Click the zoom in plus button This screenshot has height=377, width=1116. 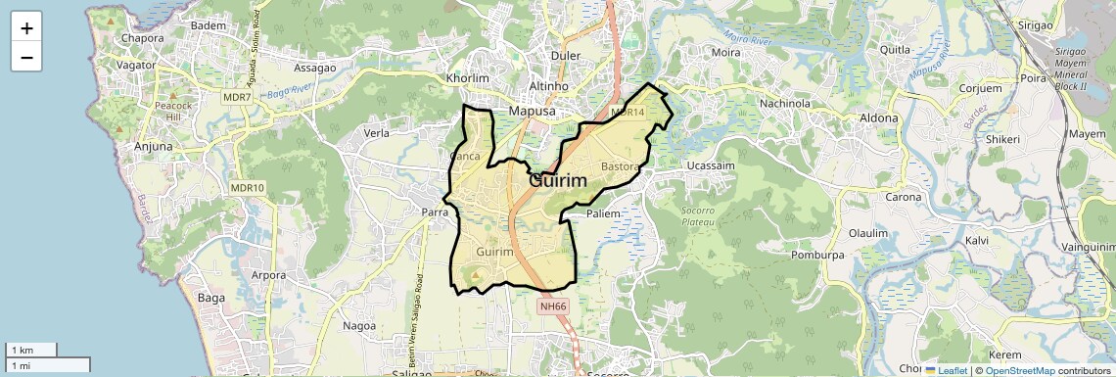(26, 28)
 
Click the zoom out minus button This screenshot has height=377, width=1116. (26, 58)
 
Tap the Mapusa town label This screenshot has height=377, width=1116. (532, 112)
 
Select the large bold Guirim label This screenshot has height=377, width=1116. (558, 181)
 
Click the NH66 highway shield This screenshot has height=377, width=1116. (553, 306)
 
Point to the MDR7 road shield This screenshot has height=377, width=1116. (236, 97)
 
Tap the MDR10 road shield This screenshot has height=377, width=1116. (249, 188)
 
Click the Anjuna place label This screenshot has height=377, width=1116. (152, 147)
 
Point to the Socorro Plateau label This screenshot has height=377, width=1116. (705, 216)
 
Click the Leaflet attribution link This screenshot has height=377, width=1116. (947, 370)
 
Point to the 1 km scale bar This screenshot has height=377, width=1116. (31, 350)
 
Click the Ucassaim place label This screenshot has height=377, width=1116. (711, 166)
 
